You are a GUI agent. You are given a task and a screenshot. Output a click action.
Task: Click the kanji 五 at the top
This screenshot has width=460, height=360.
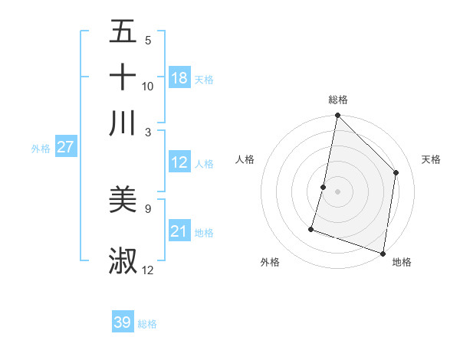pyautogui.click(x=123, y=32)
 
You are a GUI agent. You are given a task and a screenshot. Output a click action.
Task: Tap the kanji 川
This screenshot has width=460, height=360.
pyautogui.click(x=123, y=123)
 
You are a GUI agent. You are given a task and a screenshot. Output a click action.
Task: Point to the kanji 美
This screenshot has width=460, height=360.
pyautogui.click(x=123, y=200)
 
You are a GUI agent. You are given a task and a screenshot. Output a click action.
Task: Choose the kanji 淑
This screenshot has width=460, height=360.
pyautogui.click(x=123, y=260)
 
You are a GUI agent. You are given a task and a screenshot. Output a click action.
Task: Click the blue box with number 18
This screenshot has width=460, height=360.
pyautogui.click(x=179, y=78)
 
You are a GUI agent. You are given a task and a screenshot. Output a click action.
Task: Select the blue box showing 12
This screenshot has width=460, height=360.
pyautogui.click(x=179, y=162)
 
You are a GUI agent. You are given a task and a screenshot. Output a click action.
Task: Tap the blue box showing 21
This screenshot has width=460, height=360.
pyautogui.click(x=179, y=231)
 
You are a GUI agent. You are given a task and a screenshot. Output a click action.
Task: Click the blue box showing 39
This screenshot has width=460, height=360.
pyautogui.click(x=123, y=322)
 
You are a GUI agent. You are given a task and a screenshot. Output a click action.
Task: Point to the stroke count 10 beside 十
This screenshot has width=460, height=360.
pyautogui.click(x=148, y=86)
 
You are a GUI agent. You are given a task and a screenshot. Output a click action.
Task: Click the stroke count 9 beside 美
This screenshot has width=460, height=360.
pyautogui.click(x=148, y=208)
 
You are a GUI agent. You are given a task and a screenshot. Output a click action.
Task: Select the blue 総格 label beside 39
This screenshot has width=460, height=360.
pyautogui.click(x=147, y=324)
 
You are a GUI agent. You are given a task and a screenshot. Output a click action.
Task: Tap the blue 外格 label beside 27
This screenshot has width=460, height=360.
pyautogui.click(x=41, y=149)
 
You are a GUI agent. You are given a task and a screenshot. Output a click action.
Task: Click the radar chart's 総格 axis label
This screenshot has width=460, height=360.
pyautogui.click(x=337, y=100)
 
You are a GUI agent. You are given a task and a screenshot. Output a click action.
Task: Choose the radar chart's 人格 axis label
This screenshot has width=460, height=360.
pyautogui.click(x=245, y=159)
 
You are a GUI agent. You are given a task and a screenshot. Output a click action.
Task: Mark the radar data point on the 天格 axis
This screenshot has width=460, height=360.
pyautogui.click(x=396, y=172)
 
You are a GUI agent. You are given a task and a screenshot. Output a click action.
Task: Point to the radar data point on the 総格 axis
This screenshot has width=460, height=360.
pyautogui.click(x=337, y=116)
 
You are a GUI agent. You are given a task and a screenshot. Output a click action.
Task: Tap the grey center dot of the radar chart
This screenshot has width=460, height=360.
pyautogui.click(x=337, y=191)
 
